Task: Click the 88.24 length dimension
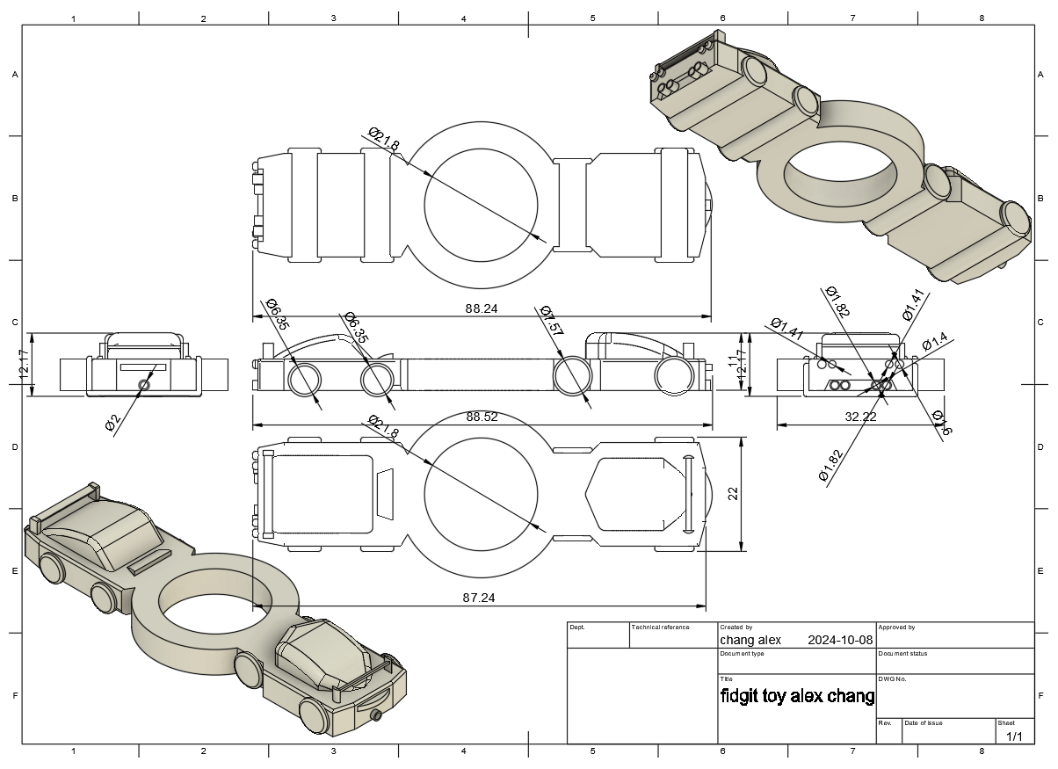482,308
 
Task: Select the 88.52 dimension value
482,417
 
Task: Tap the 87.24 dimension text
477,598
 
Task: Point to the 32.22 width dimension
860,417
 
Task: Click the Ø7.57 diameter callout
551,321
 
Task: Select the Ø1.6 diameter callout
941,423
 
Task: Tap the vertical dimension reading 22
733,494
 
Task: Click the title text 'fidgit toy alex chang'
797,697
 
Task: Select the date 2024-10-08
840,641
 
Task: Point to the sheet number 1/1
1014,736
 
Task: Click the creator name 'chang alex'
750,641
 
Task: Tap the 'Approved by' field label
896,628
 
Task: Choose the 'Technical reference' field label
661,628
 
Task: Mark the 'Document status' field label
902,654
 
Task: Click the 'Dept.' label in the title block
577,628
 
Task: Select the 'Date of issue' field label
923,722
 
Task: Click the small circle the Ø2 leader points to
144,384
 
